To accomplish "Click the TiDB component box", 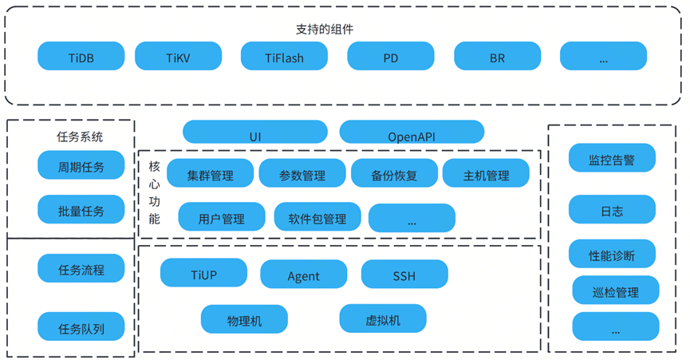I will [x=81, y=57].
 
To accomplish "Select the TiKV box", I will [x=178, y=57].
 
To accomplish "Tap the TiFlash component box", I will [x=284, y=57].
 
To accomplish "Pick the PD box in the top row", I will [x=391, y=57].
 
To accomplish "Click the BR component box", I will [x=497, y=57].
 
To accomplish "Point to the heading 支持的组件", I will [x=325, y=29].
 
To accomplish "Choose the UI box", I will [x=255, y=133].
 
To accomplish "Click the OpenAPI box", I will [x=412, y=133].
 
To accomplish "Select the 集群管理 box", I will [x=211, y=174].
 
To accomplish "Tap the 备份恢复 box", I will [x=394, y=174].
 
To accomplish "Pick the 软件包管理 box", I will [x=317, y=217].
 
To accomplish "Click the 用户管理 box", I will [x=221, y=217].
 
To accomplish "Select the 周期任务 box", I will [x=81, y=166].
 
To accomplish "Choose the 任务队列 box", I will [x=81, y=326].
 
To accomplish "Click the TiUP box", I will [x=203, y=274].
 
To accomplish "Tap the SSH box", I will [x=404, y=274].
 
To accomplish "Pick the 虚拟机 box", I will [x=383, y=319].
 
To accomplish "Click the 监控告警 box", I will [x=612, y=159].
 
